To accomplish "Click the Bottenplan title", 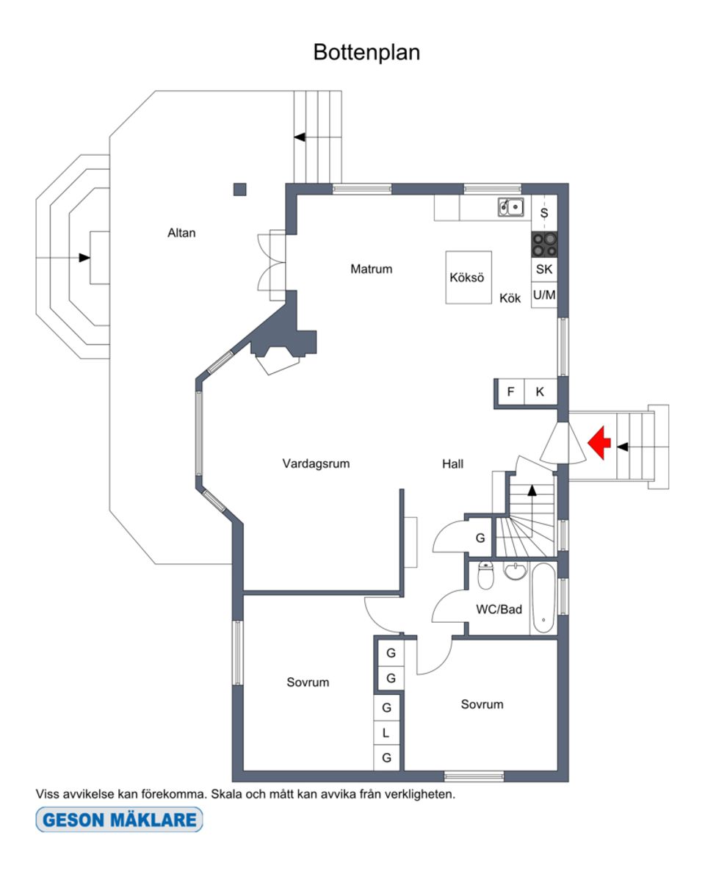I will (x=366, y=53).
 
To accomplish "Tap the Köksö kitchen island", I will (x=468, y=278).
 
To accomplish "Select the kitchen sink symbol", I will (x=511, y=208).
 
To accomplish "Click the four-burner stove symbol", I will (x=544, y=244).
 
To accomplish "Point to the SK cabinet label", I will (x=544, y=270).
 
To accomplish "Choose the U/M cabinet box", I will (x=544, y=295).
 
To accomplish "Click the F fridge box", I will (x=510, y=392).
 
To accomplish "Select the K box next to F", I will (x=540, y=392).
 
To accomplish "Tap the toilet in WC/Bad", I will (x=485, y=577).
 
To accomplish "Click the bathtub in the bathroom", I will (x=543, y=599).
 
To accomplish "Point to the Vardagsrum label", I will (x=316, y=463).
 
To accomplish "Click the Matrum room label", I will (x=371, y=269).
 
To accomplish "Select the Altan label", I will (x=181, y=233).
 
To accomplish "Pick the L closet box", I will (x=386, y=733).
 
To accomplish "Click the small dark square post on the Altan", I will (x=239, y=190).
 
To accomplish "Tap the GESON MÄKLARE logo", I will (x=119, y=820).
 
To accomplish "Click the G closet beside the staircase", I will (x=480, y=538).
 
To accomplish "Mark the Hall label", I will (x=452, y=463).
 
